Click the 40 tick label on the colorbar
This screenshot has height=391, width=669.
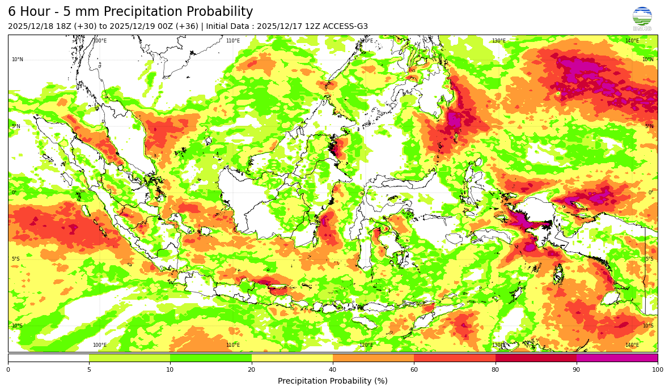pyautogui.click(x=333, y=370)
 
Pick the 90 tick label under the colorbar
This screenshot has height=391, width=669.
pyautogui.click(x=577, y=370)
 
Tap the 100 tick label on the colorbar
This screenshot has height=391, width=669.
pyautogui.click(x=657, y=370)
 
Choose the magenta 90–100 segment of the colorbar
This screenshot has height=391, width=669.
pyautogui.click(x=617, y=358)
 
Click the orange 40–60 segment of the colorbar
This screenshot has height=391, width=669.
pyautogui.click(x=373, y=358)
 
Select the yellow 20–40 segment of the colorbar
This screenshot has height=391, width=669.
pyautogui.click(x=292, y=358)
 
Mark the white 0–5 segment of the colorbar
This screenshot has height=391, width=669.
pyautogui.click(x=49, y=358)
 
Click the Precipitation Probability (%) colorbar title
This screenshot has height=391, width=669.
pyautogui.click(x=333, y=381)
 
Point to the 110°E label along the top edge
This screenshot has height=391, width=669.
pyautogui.click(x=233, y=41)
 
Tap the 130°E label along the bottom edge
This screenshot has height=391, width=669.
pyautogui.click(x=498, y=345)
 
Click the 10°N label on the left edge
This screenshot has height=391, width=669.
pyautogui.click(x=17, y=59)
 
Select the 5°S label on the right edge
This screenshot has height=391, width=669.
pyautogui.click(x=649, y=259)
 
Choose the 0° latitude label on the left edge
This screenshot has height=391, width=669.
pyautogui.click(x=15, y=193)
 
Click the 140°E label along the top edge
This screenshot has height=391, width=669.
pyautogui.click(x=632, y=41)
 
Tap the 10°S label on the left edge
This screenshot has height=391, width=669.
pyautogui.click(x=17, y=326)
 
